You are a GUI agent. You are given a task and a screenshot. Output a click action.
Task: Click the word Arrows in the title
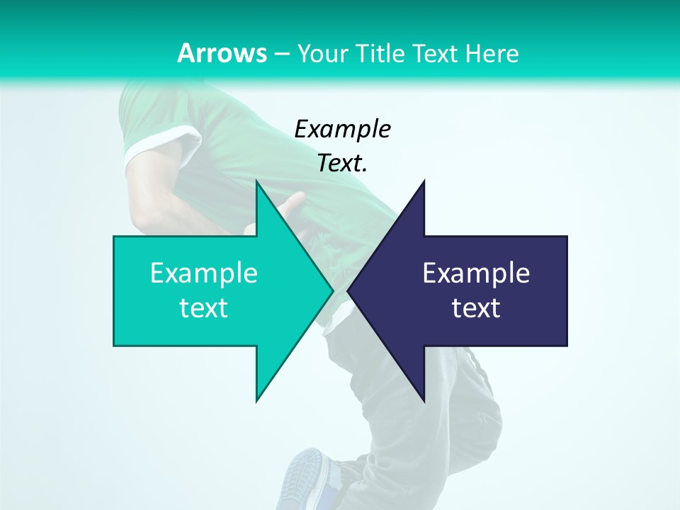click(221, 53)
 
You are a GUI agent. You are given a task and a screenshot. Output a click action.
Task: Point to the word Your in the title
click(322, 54)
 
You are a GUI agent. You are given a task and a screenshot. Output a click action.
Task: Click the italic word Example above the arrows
click(342, 129)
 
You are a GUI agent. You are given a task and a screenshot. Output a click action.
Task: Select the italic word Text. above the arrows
click(342, 163)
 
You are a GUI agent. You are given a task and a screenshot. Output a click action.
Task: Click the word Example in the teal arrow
click(203, 273)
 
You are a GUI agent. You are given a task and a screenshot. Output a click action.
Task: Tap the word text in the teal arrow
click(203, 308)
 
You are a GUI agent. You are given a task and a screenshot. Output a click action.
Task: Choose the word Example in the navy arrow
click(476, 273)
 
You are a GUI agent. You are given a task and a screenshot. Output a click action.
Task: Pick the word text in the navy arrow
click(476, 308)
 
